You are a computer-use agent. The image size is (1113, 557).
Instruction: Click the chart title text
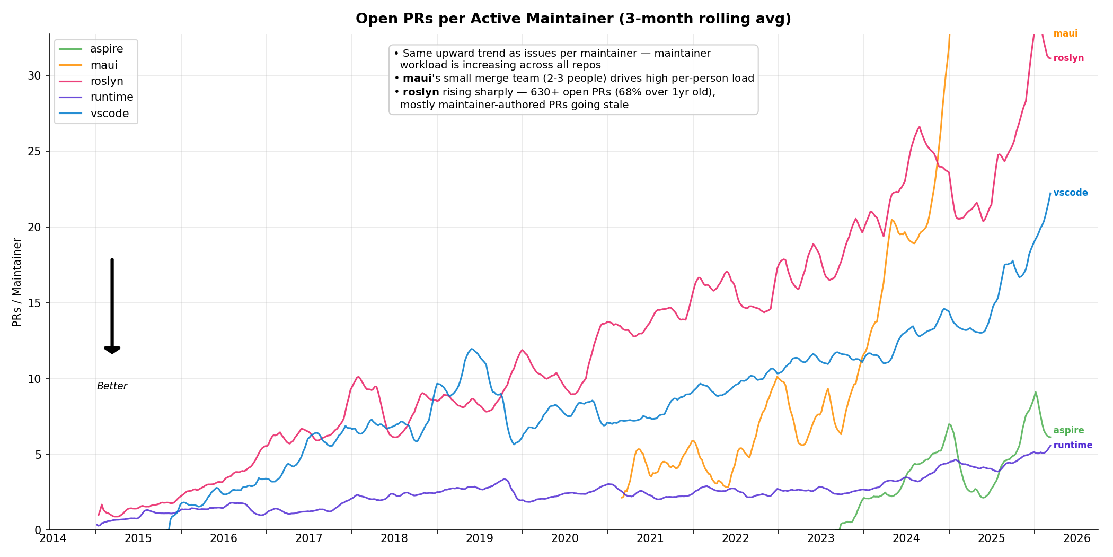coord(573,19)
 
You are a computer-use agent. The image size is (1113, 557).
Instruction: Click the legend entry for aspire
coord(106,49)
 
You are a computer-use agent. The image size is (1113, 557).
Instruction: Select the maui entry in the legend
coord(103,65)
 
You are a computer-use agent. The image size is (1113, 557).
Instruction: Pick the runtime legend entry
coord(111,97)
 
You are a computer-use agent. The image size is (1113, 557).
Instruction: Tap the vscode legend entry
coord(109,114)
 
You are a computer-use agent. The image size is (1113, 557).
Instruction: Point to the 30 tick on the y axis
coord(34,75)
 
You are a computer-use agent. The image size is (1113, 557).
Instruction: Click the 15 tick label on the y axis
coord(34,303)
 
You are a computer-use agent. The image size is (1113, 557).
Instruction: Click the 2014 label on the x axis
coord(53,538)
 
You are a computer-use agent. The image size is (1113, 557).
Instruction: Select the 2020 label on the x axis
coord(565,538)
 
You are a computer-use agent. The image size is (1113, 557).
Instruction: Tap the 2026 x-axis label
coord(1076,538)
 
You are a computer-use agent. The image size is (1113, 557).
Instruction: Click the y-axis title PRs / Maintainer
coord(17,282)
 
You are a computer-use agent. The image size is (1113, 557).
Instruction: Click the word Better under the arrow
coord(112,386)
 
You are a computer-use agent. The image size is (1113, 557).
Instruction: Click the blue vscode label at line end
coord(1070,193)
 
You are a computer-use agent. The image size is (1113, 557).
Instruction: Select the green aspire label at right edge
coord(1068,431)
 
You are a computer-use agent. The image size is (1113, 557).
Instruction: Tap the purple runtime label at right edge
coord(1073,445)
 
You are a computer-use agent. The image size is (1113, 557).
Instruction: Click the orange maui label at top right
coord(1065,33)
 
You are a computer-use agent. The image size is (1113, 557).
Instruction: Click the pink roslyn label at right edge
coord(1068,58)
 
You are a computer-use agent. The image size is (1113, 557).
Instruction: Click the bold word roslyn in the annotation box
coord(421,92)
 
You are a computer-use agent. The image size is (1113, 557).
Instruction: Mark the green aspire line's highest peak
coord(1035,392)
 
